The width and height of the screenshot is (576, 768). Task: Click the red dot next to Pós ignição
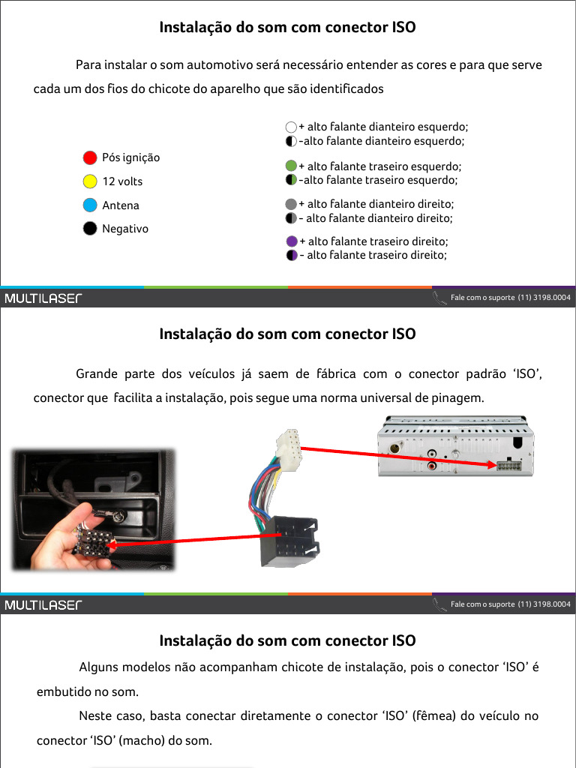point(90,157)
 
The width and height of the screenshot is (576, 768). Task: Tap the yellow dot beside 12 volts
point(90,181)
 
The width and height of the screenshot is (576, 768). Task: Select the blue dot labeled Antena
point(90,205)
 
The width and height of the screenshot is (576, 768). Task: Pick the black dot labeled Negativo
point(90,229)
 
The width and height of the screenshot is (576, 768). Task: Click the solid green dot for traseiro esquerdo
point(292,166)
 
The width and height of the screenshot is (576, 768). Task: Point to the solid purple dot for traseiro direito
point(292,241)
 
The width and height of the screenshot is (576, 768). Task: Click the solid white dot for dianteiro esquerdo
point(291,127)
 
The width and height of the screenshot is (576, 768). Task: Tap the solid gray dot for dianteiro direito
point(292,204)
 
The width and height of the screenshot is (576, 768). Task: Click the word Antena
point(121,205)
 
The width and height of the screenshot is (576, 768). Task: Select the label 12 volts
point(122,181)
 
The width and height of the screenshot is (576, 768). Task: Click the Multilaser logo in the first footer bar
point(43,298)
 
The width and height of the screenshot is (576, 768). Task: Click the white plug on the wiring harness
point(287,449)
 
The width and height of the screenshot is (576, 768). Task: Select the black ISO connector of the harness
point(291,542)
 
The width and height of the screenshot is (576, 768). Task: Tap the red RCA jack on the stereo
point(433,466)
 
